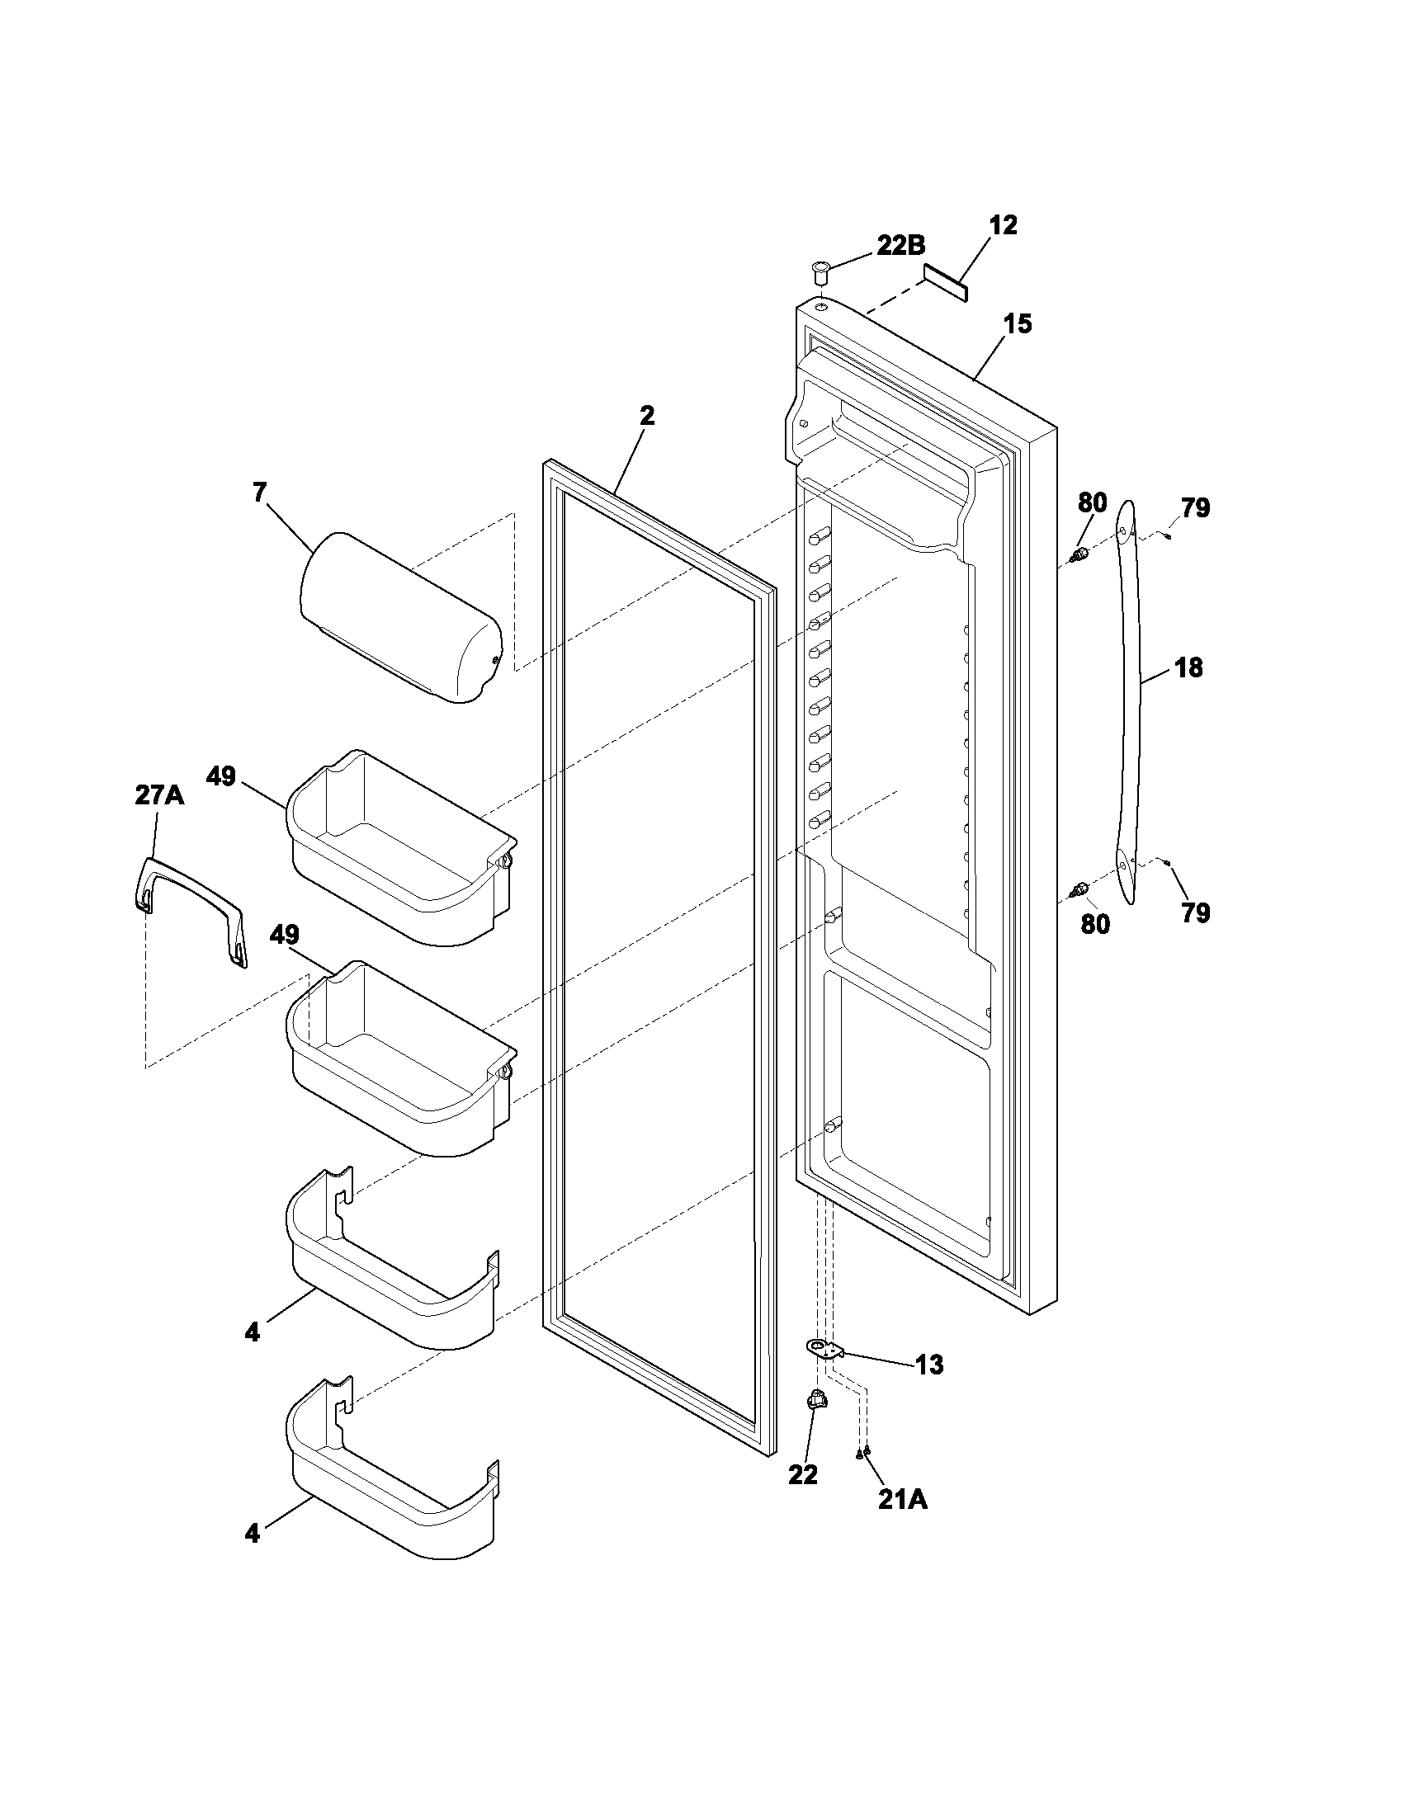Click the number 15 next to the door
coord(1018,324)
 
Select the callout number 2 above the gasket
coord(647,416)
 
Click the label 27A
coord(159,795)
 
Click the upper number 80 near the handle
coord(1093,502)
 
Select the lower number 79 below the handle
coord(1195,912)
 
